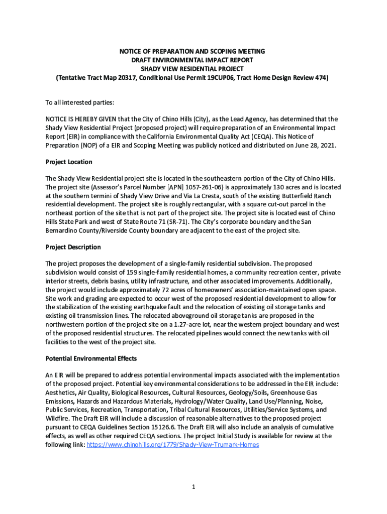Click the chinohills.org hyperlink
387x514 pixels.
[x=173, y=445]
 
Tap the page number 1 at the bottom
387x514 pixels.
[x=193, y=487]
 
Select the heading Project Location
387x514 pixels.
[x=69, y=162]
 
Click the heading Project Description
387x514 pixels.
[x=73, y=247]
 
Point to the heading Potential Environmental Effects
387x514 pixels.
[x=91, y=359]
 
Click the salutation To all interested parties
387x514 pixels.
[x=80, y=103]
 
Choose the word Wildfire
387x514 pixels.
[x=58, y=419]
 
